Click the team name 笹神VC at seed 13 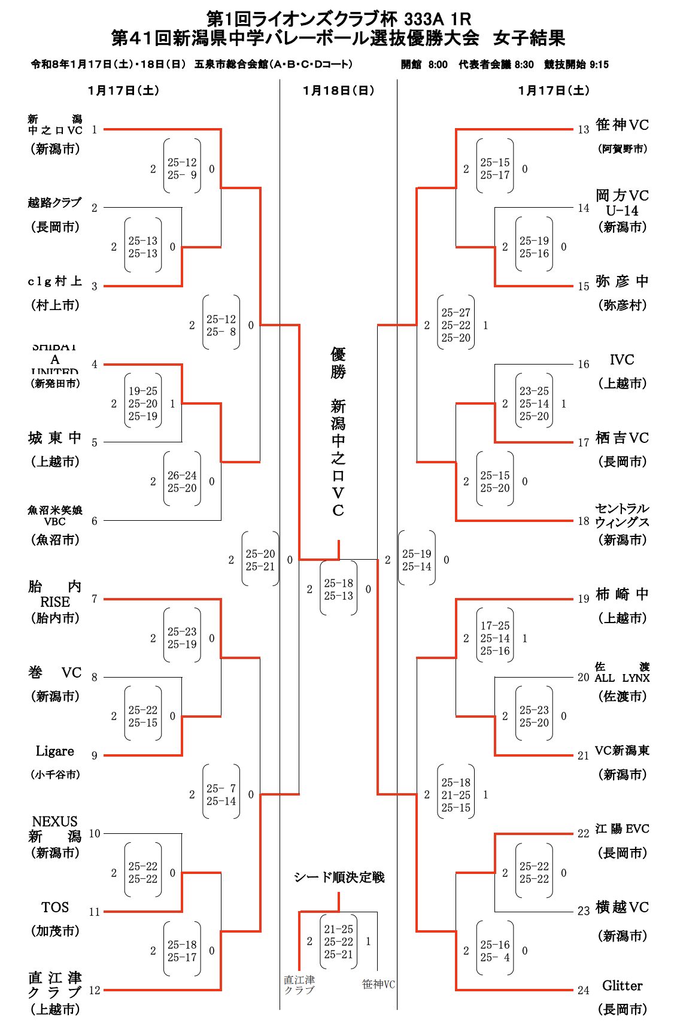622,125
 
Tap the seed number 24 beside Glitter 584,991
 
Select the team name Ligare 55,751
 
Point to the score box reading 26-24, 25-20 182,481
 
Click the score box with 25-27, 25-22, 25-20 456,325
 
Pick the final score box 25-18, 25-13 339,589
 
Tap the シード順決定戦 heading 339,878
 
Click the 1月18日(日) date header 338,90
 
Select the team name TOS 55,907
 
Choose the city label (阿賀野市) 623,149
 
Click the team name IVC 622,360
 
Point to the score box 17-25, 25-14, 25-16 495,638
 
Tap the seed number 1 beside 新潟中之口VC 95,129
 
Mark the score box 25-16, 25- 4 495,951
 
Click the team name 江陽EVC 622,829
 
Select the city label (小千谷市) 55,775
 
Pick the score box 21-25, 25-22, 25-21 339,942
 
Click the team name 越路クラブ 54,203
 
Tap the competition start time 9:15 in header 599,65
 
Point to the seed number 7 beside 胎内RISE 95,599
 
